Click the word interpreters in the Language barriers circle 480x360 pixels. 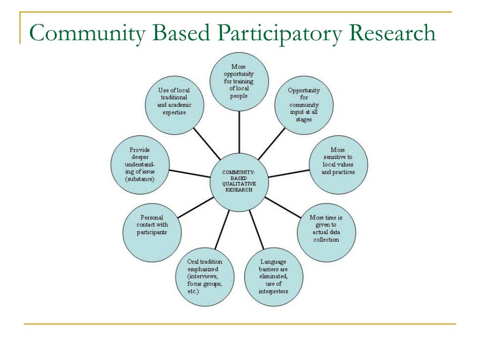tap(273, 291)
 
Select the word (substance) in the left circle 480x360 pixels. tap(140, 179)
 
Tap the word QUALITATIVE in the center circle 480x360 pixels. tap(239, 184)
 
